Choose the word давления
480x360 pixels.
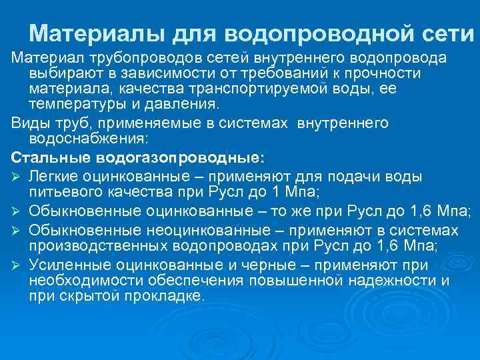coord(182,103)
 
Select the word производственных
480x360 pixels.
coord(93,245)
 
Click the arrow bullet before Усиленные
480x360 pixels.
coord(17,265)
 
